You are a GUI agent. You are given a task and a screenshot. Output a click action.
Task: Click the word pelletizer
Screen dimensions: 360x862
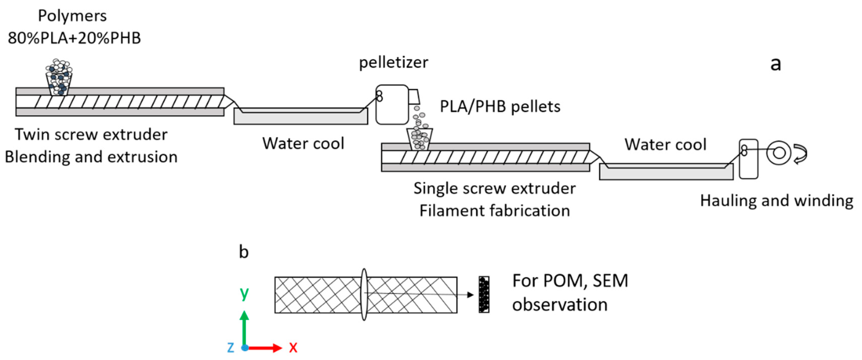[x=393, y=63]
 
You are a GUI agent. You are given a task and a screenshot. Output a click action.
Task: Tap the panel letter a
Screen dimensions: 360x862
[x=775, y=64]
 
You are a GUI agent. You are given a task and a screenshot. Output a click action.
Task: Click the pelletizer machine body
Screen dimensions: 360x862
[x=392, y=105]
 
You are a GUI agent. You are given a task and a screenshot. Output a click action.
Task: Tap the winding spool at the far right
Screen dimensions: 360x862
[x=778, y=153]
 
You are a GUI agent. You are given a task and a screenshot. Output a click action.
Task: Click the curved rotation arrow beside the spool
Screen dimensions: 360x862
[x=800, y=154]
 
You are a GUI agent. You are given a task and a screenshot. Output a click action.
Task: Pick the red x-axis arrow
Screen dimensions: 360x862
[x=266, y=348]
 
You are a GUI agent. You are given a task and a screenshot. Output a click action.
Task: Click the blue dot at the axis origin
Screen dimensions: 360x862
[x=245, y=348]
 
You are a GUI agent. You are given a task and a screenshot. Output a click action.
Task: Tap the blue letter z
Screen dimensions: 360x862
[x=231, y=348]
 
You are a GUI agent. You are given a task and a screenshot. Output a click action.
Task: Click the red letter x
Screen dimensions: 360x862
[x=293, y=348]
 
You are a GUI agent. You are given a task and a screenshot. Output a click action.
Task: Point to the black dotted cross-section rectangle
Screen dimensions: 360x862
[x=484, y=294]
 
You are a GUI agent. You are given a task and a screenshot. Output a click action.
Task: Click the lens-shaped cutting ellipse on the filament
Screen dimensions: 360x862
[x=364, y=294]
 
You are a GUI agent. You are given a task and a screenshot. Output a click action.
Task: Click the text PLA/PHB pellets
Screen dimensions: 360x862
[x=500, y=107]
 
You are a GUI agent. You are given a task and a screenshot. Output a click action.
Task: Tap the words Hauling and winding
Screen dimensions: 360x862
[x=777, y=201]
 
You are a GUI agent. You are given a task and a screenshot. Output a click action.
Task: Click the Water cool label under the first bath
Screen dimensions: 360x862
[x=303, y=143]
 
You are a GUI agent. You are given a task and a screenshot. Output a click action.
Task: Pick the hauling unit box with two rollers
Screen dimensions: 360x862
[x=748, y=159]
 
